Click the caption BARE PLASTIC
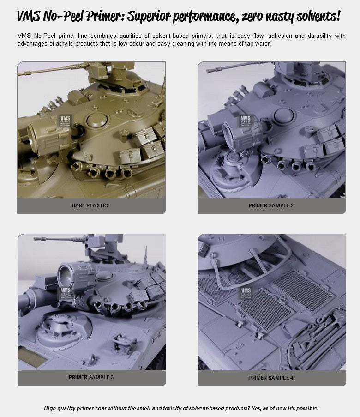click(x=90, y=205)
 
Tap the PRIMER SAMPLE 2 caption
click(x=271, y=205)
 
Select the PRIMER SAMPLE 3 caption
click(x=91, y=377)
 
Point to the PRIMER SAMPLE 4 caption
click(x=270, y=378)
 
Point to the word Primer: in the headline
click(x=105, y=16)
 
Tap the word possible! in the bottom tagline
click(x=307, y=408)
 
